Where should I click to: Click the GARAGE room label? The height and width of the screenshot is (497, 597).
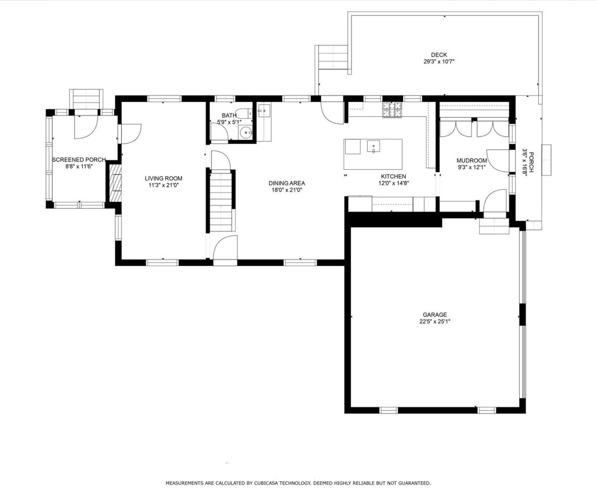tap(435, 315)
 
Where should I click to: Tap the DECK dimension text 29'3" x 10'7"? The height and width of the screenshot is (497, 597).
tap(439, 62)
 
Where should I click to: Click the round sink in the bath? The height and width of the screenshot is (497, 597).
tap(245, 133)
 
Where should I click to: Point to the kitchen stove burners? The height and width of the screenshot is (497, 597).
tap(392, 110)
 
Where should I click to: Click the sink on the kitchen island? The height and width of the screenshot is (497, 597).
tap(374, 146)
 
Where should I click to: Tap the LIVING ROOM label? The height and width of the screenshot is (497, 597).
tap(163, 178)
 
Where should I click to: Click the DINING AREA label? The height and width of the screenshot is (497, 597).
tap(287, 183)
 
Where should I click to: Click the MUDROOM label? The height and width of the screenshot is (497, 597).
tap(472, 161)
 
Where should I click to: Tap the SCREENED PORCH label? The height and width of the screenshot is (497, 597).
tap(79, 160)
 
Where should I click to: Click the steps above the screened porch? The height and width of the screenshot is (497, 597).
tap(86, 99)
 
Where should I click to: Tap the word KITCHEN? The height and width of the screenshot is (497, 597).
tap(394, 176)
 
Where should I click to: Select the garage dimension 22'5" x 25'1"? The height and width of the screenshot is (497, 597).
tap(435, 322)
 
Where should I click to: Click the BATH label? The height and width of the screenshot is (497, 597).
tap(229, 115)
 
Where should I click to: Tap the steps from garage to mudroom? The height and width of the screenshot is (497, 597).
tap(495, 226)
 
